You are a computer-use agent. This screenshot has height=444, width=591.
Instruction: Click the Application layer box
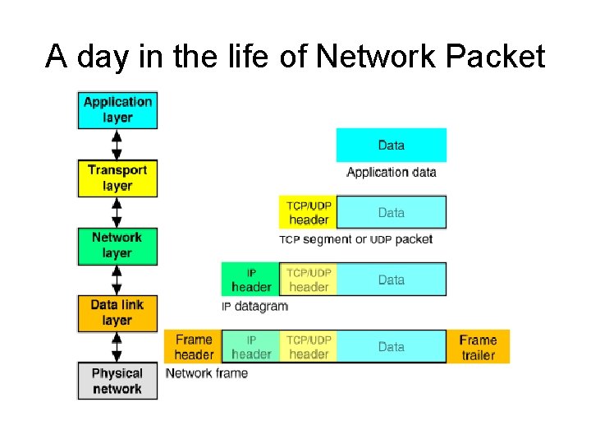tap(117, 109)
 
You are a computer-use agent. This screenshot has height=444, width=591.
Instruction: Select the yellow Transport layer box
tap(117, 178)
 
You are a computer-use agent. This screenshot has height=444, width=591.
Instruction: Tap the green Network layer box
tap(117, 245)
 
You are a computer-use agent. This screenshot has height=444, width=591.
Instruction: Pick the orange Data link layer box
tap(117, 312)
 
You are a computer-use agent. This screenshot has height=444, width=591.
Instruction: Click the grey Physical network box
tap(117, 381)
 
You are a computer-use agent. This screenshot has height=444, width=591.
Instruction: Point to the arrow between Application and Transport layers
tap(117, 144)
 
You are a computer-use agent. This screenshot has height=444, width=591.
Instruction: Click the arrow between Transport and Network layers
tap(117, 211)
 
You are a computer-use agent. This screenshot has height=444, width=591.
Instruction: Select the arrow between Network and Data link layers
tap(117, 279)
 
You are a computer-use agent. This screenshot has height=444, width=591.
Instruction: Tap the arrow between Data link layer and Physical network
tap(117, 346)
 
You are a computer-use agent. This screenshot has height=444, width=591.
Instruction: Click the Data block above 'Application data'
tap(392, 146)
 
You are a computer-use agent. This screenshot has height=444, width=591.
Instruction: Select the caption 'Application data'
tap(392, 173)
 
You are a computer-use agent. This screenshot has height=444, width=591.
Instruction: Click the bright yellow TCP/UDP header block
tap(309, 212)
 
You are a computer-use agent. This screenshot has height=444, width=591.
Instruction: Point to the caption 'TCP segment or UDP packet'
tap(355, 239)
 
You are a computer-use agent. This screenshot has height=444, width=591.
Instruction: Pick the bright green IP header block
tap(251, 280)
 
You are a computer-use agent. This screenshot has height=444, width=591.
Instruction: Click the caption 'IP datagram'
tap(255, 307)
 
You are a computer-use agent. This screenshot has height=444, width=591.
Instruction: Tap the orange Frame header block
tap(194, 347)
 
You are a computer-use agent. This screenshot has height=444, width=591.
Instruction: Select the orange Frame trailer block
tap(478, 347)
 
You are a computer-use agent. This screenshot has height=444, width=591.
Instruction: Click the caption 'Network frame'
tap(207, 373)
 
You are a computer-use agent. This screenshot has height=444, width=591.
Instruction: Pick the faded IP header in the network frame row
tap(251, 347)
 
